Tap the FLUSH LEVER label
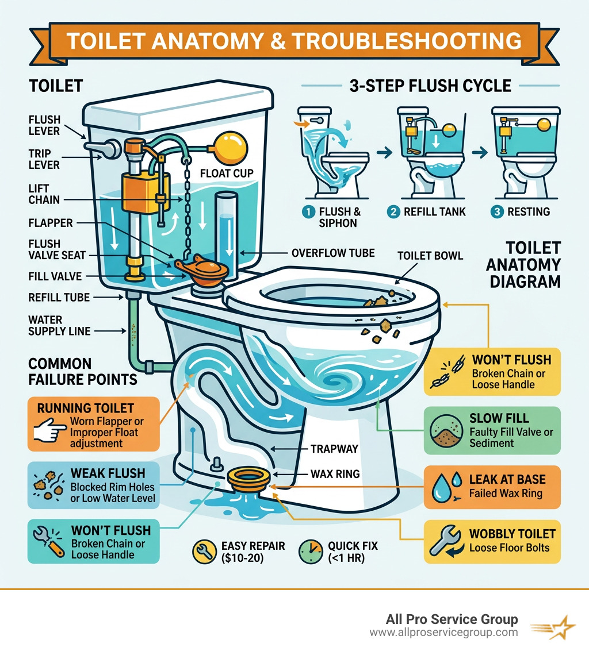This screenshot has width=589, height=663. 44,126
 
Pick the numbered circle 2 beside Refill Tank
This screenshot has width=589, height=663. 394,211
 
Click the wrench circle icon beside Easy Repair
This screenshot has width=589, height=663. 204,552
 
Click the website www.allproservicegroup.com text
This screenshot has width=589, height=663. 443,633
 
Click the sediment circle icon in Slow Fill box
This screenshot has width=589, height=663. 446,431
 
